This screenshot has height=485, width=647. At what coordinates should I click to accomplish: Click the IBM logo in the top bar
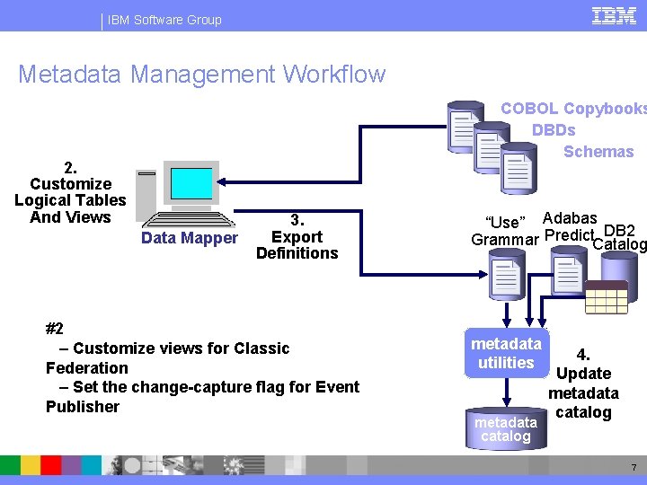615,15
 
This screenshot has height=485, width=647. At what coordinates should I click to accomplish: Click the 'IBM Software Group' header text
164,20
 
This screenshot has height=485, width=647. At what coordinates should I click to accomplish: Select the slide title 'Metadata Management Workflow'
201,75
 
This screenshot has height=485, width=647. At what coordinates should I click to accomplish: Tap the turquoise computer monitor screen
191,183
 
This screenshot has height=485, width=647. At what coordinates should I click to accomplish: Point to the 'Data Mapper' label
190,238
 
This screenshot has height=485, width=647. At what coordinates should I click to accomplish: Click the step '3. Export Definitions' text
297,237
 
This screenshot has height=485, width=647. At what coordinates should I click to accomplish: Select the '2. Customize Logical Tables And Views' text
70,192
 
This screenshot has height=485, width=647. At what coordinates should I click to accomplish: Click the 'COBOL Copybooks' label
572,109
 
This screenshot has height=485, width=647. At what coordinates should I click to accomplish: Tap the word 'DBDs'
554,130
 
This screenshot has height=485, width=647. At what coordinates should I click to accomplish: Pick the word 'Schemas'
598,152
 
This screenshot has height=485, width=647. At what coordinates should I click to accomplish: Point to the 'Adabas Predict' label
570,226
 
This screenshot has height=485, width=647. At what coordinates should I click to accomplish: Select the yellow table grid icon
606,296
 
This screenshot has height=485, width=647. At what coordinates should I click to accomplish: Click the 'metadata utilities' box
506,353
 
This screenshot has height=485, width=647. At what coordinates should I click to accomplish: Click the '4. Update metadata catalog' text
583,384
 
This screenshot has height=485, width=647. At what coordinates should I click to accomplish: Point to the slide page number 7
633,468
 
